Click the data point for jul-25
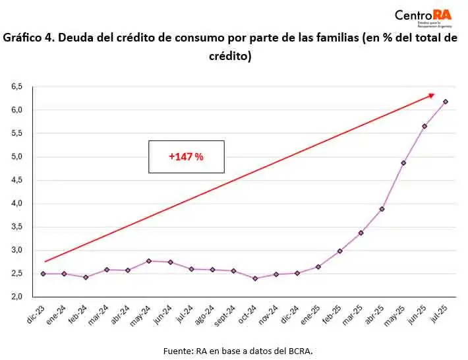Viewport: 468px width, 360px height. point(446,102)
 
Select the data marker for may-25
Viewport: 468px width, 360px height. point(403,163)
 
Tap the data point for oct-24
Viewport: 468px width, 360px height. point(255,278)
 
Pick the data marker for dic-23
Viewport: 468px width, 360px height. point(43,274)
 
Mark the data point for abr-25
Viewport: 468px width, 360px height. point(382,209)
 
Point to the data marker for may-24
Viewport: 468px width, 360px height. point(149,261)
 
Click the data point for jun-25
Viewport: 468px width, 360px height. point(424,126)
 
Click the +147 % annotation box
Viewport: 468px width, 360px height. point(187,157)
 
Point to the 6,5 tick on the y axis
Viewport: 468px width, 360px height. point(16,86)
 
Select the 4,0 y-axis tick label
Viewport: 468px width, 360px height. point(16,204)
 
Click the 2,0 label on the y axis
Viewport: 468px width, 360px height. point(16,297)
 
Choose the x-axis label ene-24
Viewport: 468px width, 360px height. point(58,315)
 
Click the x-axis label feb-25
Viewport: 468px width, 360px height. point(333,315)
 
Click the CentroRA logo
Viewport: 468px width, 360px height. point(423,16)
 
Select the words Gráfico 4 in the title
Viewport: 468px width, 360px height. point(27,38)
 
